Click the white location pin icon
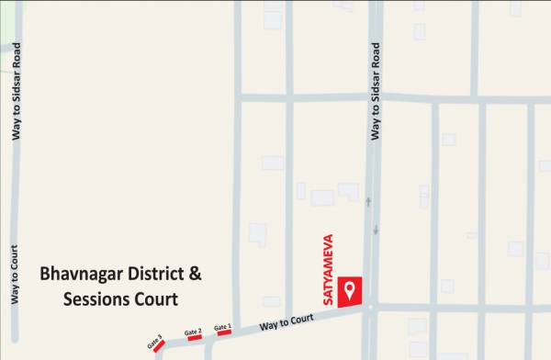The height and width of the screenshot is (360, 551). [x=349, y=291]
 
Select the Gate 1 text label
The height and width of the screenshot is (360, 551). [x=223, y=326]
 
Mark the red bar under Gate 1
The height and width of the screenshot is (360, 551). [x=224, y=332]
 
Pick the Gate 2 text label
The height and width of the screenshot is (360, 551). [x=193, y=332]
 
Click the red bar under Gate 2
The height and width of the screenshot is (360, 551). [x=195, y=338]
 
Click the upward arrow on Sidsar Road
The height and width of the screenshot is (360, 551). [x=369, y=201]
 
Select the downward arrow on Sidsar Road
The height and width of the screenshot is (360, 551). [x=376, y=230]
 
